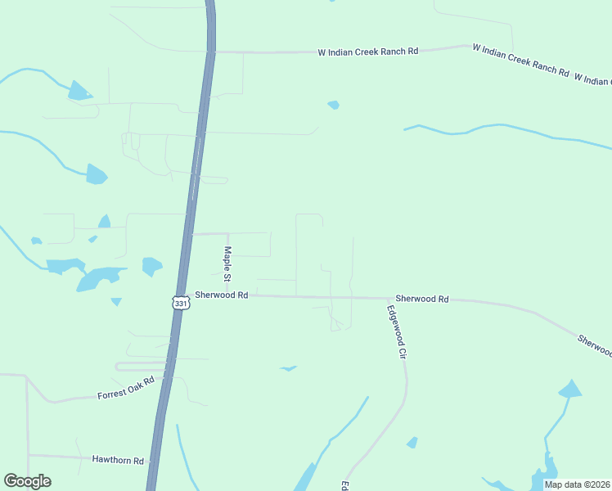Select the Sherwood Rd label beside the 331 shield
(221, 295)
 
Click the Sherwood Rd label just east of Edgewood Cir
(422, 300)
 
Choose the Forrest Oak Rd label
(126, 389)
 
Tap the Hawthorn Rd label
(118, 460)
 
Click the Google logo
(27, 481)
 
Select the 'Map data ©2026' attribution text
(577, 484)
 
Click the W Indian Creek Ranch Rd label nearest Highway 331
(368, 52)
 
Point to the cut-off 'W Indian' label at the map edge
(592, 79)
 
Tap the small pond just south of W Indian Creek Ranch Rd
(333, 105)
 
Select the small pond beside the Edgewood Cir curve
(412, 443)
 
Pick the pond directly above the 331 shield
(151, 266)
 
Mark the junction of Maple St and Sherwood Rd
(228, 295)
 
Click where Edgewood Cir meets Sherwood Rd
(387, 299)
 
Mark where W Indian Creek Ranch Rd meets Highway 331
(211, 52)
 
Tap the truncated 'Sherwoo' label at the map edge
(594, 345)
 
